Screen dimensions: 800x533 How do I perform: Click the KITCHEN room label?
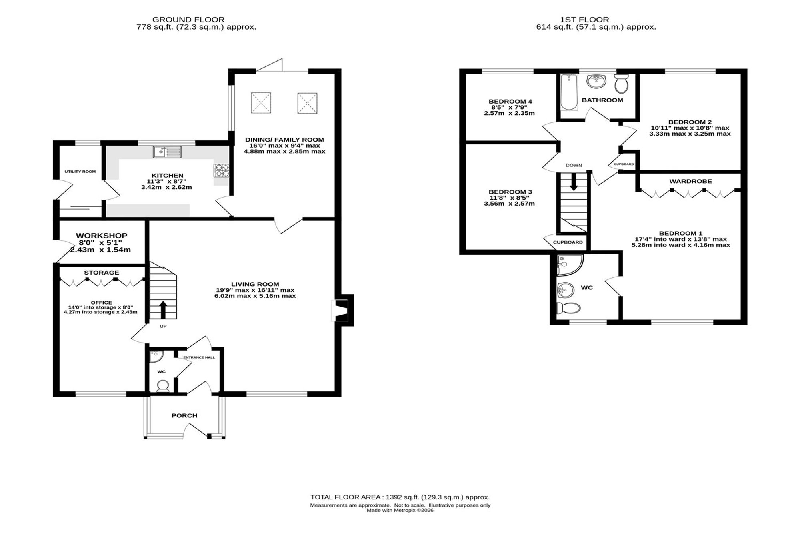[167, 175]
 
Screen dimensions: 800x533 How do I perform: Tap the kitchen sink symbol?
[167, 152]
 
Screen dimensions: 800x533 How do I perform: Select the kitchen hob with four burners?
[222, 170]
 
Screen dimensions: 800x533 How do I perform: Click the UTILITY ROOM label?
[80, 172]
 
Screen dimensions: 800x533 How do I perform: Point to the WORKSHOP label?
[102, 236]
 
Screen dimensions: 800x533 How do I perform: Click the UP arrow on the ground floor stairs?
[163, 309]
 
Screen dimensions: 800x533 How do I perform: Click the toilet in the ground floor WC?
[163, 385]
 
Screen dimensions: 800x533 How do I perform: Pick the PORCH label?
[184, 415]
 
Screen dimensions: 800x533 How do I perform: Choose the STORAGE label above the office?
[102, 273]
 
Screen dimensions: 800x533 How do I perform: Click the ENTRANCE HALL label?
[199, 357]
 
